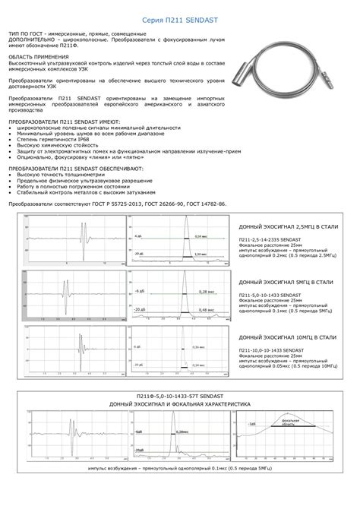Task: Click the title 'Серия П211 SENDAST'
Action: point(179,24)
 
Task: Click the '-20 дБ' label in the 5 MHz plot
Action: point(138,309)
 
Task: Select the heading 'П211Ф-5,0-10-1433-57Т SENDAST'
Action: point(179,397)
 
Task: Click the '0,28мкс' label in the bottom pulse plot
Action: point(181,431)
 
